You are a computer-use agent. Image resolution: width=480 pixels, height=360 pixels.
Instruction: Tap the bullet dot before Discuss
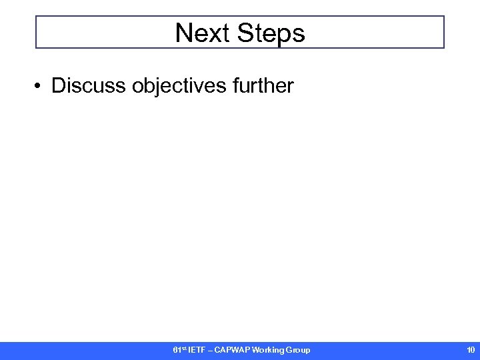click(40, 86)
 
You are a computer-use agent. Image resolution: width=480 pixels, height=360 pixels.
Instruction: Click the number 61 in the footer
click(177, 350)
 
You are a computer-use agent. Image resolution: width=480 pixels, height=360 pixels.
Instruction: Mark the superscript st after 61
click(183, 348)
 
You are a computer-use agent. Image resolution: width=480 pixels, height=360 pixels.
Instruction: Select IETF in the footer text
click(196, 350)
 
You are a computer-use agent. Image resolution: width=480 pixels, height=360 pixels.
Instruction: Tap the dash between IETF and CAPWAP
click(210, 350)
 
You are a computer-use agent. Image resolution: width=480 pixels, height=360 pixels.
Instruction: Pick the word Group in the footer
click(299, 350)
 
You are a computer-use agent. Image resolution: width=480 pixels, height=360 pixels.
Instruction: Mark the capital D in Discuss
click(59, 85)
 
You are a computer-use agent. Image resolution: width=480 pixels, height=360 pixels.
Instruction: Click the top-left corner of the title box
click(36, 17)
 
